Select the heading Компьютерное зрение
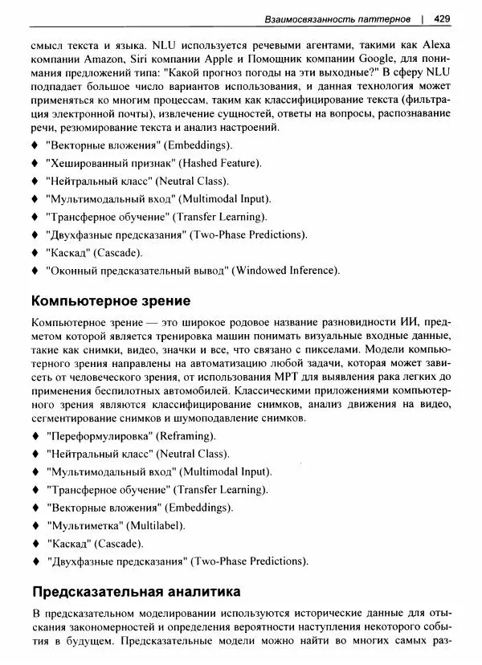point(110,302)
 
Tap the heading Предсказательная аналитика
point(136,593)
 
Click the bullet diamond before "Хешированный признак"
point(35,163)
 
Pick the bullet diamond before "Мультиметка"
point(35,526)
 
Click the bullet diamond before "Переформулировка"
point(35,435)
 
